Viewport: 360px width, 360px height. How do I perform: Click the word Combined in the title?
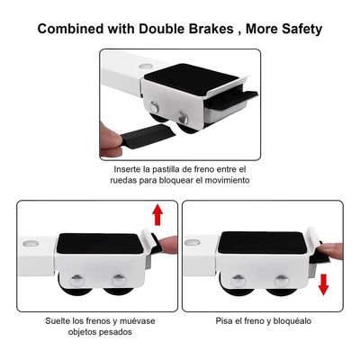[x=75, y=29]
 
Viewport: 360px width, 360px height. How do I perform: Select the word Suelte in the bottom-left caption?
[x=60, y=320]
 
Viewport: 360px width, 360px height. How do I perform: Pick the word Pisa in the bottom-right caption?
[x=225, y=320]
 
